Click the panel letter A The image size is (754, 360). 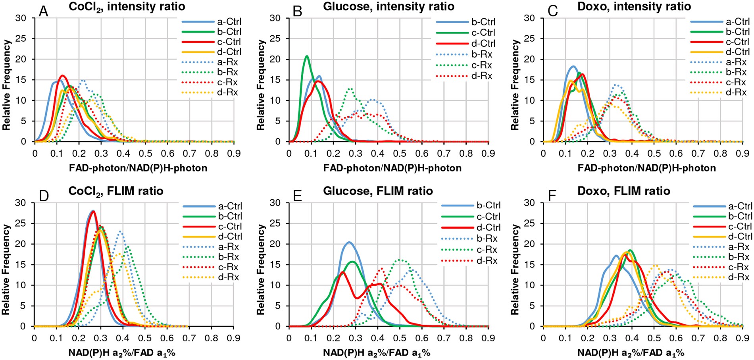click(x=44, y=11)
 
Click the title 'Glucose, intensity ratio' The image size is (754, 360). click(x=389, y=7)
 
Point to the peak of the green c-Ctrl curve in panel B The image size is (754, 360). click(x=306, y=56)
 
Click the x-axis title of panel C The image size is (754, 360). click(x=646, y=168)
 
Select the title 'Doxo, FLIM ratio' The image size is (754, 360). click(x=623, y=191)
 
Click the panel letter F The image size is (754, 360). click(x=552, y=196)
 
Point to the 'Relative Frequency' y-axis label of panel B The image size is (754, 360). click(x=260, y=85)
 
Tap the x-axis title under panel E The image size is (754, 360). click(x=376, y=352)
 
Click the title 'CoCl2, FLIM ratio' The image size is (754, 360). click(x=115, y=191)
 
